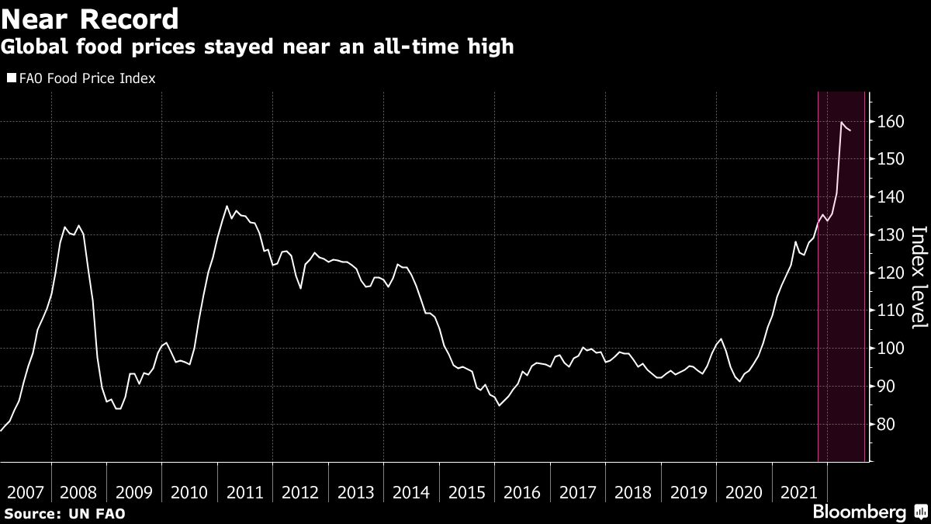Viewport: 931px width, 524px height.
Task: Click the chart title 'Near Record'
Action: [91, 18]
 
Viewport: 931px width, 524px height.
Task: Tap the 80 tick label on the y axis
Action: [887, 425]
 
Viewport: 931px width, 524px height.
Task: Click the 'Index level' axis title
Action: [919, 287]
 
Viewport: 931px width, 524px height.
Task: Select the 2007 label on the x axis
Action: [25, 492]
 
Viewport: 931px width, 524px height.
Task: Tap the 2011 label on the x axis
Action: [245, 492]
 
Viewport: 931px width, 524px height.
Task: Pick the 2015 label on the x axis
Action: [467, 492]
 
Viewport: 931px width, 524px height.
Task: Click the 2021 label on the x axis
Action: [799, 492]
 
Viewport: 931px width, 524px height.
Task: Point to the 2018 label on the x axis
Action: [633, 492]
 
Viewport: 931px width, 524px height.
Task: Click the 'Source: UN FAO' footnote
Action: [64, 514]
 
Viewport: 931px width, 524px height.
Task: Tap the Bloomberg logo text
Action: [859, 512]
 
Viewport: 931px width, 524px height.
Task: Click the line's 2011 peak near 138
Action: [226, 206]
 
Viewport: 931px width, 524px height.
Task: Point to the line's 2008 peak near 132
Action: [65, 227]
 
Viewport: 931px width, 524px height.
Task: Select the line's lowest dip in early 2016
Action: [499, 405]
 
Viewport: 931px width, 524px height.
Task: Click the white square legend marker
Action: [10, 78]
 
